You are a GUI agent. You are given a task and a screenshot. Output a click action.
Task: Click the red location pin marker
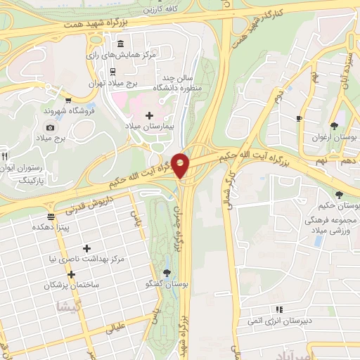(181, 165)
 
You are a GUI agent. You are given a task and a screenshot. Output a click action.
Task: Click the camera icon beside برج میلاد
(50, 127)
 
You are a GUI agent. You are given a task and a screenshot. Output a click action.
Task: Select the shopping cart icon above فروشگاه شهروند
(67, 100)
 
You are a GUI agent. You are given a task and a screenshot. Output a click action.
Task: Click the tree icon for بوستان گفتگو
(167, 273)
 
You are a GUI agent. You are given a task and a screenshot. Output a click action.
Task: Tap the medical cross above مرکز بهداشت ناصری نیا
(86, 248)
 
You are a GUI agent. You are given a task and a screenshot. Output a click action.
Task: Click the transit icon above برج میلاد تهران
(112, 72)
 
